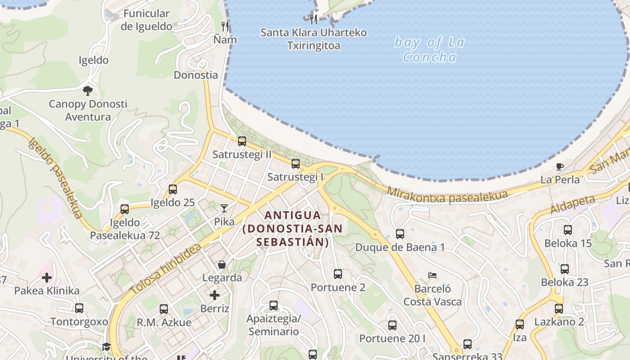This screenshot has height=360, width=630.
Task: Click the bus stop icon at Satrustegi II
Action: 242,141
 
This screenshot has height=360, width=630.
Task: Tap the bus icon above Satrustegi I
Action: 296,164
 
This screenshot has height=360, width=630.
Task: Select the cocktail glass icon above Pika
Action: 224,208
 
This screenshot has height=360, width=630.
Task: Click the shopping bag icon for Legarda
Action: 221,264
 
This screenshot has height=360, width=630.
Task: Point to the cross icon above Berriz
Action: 215,295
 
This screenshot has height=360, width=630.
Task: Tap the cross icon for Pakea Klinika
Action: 47,278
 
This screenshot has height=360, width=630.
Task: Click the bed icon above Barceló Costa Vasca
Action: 432,275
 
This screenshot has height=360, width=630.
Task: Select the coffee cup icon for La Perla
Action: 560,166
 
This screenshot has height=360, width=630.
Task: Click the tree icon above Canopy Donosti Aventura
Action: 88,91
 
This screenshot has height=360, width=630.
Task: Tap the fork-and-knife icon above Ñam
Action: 225,27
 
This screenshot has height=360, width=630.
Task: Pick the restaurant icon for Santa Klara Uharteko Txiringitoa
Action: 314,19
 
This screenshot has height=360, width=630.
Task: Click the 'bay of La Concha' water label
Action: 429,49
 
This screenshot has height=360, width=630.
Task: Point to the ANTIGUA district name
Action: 293,215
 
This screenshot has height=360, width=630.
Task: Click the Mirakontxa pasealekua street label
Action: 447,194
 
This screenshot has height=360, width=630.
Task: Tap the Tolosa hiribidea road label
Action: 166,270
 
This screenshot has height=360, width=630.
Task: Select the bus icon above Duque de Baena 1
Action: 400,234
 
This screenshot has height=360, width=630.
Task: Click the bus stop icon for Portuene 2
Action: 338,274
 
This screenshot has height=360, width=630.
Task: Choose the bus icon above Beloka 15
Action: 568,230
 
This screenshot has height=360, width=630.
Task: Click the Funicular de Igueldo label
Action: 146,20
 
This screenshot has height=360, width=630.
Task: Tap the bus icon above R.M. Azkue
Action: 164,309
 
